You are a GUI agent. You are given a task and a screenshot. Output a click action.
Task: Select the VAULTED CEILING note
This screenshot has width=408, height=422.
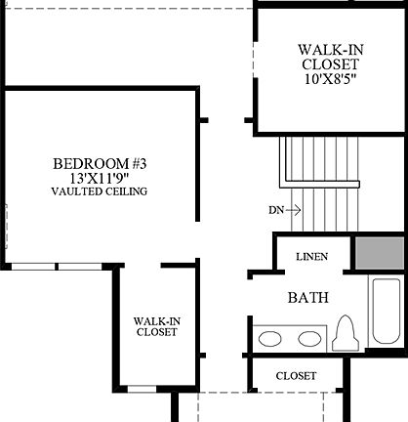pyautogui.click(x=100, y=192)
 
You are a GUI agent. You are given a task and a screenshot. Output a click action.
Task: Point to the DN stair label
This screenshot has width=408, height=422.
pyautogui.click(x=276, y=210)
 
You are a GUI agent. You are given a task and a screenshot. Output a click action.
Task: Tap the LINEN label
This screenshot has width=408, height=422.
pyautogui.click(x=310, y=257)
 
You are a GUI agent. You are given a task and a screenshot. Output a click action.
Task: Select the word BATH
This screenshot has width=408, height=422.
pyautogui.click(x=307, y=297)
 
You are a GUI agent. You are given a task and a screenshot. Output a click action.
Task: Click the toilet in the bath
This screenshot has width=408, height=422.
pyautogui.click(x=345, y=332)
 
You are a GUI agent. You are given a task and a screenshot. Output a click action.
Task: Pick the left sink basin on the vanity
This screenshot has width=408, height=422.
pyautogui.click(x=271, y=339)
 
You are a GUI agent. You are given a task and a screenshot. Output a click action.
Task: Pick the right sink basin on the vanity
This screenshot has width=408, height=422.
pyautogui.click(x=309, y=339)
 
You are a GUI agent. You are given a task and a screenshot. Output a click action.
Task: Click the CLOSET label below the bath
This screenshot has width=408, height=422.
pyautogui.click(x=296, y=376)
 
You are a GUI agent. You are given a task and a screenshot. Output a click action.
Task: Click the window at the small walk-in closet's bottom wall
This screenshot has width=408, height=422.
pyautogui.click(x=143, y=389)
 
